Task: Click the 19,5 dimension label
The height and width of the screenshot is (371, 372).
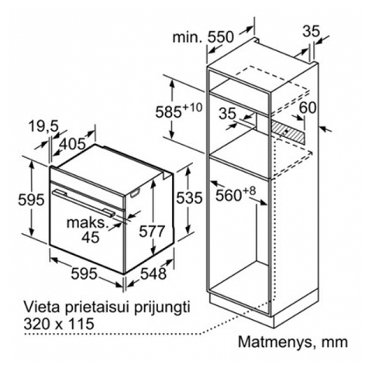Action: [44, 127]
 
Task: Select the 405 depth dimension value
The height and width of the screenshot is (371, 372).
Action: [72, 143]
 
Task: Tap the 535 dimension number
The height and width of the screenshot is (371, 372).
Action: [189, 198]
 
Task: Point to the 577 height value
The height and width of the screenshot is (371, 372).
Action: [152, 231]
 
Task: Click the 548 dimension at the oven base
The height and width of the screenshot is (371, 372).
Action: [153, 273]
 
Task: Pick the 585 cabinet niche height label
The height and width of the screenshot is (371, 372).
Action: [168, 112]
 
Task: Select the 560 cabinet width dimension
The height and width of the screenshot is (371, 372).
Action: [229, 195]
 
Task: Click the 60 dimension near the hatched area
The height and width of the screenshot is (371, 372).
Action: [308, 108]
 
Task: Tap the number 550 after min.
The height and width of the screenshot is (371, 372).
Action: [221, 37]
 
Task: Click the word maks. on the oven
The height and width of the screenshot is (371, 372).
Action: [88, 222]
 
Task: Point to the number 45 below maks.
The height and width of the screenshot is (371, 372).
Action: [91, 237]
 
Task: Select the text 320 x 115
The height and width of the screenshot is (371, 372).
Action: [59, 324]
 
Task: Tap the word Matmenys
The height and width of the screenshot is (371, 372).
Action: [275, 342]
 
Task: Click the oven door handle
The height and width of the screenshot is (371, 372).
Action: [84, 202]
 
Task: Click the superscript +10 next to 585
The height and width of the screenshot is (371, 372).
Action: [192, 108]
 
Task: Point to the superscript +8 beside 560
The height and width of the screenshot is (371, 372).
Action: [249, 191]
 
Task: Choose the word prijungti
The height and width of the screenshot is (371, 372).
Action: [162, 308]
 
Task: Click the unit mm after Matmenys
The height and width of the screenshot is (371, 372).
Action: [335, 342]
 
